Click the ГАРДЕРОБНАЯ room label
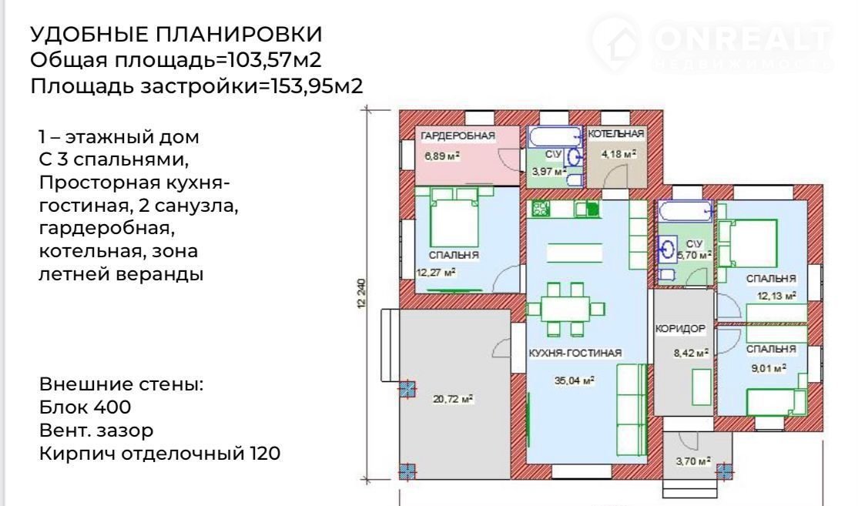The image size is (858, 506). [457, 136]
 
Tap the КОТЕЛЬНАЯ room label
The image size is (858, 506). [615, 133]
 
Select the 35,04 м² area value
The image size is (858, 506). [574, 380]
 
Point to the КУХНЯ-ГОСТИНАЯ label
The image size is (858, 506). [575, 353]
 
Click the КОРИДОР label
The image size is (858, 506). [680, 329]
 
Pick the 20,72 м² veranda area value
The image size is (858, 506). [453, 399]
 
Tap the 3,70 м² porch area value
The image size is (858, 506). [692, 461]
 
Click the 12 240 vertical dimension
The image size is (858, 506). [361, 293]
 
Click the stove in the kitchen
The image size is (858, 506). [541, 209]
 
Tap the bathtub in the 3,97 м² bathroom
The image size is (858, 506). [555, 137]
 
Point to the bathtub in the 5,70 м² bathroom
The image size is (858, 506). [685, 211]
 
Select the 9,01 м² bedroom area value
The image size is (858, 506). [769, 368]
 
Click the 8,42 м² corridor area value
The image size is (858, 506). [691, 353]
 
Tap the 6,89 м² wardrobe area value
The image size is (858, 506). [442, 156]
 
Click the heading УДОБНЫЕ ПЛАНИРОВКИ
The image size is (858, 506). [176, 34]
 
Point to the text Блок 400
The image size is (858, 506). [85, 407]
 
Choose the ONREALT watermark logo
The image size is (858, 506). [712, 43]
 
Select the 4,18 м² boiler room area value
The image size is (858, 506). [619, 154]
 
